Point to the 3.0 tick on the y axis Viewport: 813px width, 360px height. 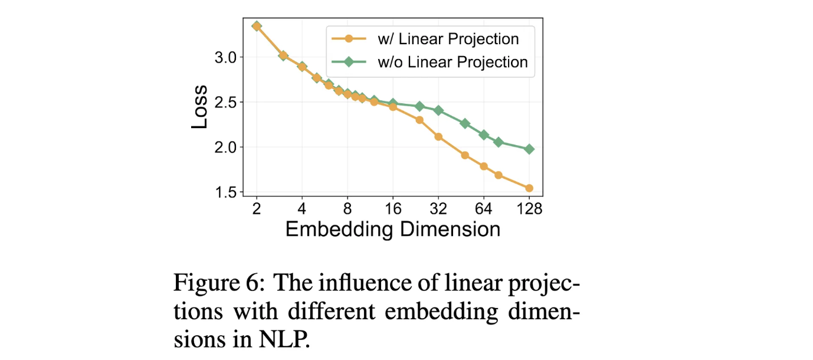tap(226, 58)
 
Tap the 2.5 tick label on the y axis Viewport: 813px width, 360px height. tap(226, 103)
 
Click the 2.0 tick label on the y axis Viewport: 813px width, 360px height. tap(226, 148)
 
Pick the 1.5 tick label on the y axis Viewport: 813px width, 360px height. tap(226, 192)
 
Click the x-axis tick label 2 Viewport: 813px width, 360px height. tap(257, 208)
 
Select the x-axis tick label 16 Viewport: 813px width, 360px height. tap(393, 208)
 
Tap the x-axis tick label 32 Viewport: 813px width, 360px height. tap(438, 208)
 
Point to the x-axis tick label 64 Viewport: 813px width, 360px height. tap(484, 208)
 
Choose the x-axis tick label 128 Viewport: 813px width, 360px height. tap(529, 208)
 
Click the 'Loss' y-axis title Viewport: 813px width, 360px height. tap(199, 107)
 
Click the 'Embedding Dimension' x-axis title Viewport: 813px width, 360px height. tap(393, 229)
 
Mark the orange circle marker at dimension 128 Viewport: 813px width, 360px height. tap(529, 188)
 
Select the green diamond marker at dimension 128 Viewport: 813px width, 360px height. tap(529, 149)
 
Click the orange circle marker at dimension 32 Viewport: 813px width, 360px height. tap(438, 137)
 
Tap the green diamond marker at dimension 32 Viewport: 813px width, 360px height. tap(438, 110)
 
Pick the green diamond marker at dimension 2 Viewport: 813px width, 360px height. tap(257, 26)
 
